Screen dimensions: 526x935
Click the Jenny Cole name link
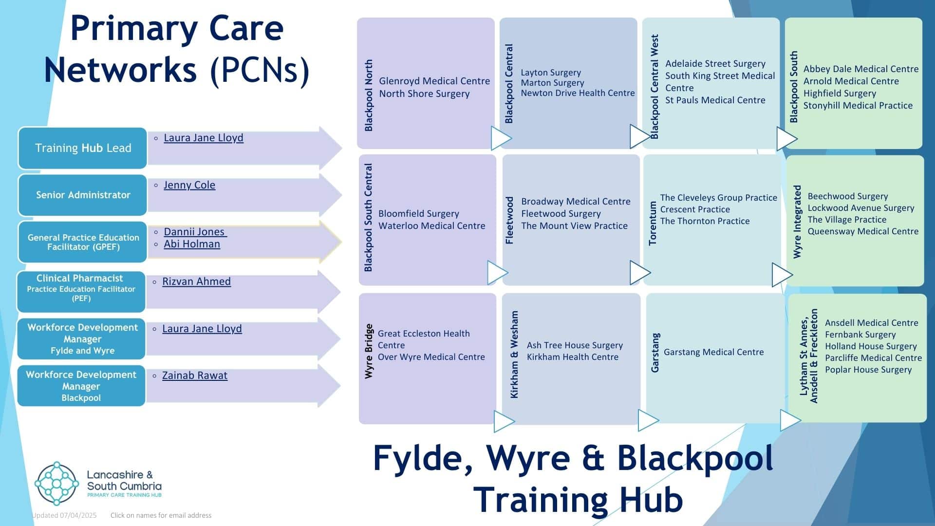(189, 185)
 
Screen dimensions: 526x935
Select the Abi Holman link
(191, 244)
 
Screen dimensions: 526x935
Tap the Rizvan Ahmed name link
(196, 282)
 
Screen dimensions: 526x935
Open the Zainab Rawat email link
(194, 376)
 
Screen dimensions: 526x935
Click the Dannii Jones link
(194, 232)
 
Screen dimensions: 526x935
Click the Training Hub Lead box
(83, 148)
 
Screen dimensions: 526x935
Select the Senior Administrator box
(83, 195)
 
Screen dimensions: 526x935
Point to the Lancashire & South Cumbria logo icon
(56, 484)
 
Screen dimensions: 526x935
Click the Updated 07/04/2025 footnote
(64, 515)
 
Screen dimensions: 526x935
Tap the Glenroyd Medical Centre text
(434, 81)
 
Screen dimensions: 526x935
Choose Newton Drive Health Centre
(578, 93)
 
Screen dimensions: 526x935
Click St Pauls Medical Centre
(715, 100)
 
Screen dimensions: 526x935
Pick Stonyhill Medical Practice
(858, 106)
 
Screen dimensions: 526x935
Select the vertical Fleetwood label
(509, 220)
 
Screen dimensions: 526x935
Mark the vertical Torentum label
(653, 223)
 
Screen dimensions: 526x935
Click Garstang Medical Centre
(713, 352)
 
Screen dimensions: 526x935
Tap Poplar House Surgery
(868, 370)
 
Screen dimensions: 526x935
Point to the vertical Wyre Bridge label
(369, 351)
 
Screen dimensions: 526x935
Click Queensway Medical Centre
(863, 231)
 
